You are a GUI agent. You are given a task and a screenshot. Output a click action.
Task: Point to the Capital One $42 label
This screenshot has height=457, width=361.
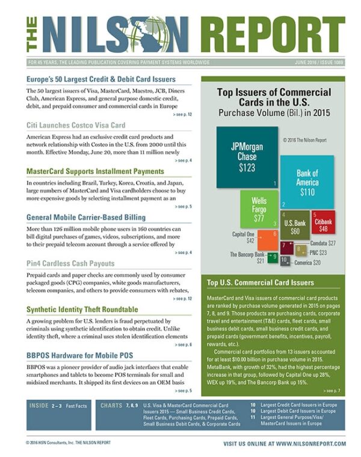(x=245, y=237)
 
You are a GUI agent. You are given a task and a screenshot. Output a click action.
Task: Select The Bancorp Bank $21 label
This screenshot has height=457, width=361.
(x=247, y=258)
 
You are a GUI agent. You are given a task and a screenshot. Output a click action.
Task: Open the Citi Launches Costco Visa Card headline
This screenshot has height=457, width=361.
(x=76, y=125)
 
